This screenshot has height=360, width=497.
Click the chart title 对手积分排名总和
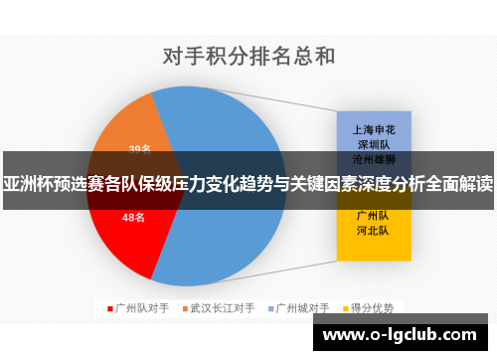pos(248,55)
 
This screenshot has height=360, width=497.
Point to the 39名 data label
pos(140,149)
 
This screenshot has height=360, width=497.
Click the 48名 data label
pos(132,217)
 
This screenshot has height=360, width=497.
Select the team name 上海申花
pos(369,129)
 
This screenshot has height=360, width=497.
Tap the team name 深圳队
pos(369,143)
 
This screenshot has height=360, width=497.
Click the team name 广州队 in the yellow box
pos(369,215)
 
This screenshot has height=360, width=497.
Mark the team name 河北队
pos(369,229)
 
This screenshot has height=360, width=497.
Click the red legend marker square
pos(109,308)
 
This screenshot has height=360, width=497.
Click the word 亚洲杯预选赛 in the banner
pos(45,184)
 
